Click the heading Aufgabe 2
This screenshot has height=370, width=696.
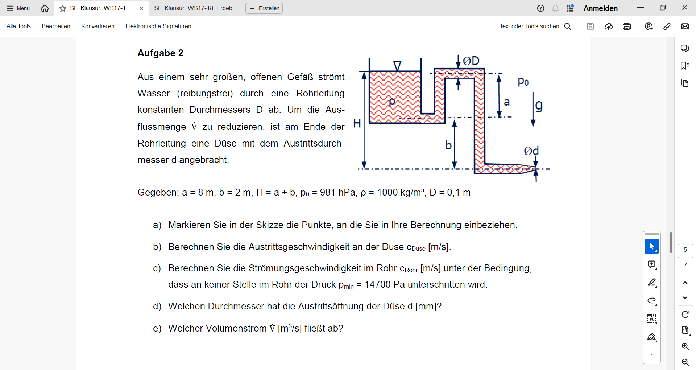(x=160, y=53)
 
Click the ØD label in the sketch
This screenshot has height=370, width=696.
(x=471, y=61)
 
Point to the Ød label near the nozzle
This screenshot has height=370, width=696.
(x=531, y=151)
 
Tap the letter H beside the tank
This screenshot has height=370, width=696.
(x=357, y=123)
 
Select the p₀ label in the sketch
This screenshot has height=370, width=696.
(x=523, y=81)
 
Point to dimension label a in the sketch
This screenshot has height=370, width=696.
(x=507, y=102)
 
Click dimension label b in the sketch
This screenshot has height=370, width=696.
(x=448, y=145)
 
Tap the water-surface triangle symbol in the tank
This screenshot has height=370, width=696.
(x=397, y=66)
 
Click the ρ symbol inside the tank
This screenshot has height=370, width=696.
(x=392, y=102)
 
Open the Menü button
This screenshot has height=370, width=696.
(x=18, y=8)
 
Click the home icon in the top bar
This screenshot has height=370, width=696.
(x=45, y=8)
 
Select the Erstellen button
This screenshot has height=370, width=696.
(x=264, y=8)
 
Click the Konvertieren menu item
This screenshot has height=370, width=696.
(x=98, y=26)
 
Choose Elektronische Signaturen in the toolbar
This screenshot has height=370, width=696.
(x=158, y=26)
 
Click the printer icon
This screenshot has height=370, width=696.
(x=627, y=26)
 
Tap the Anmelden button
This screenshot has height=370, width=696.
(x=601, y=8)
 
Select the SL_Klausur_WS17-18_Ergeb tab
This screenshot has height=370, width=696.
(x=196, y=8)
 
